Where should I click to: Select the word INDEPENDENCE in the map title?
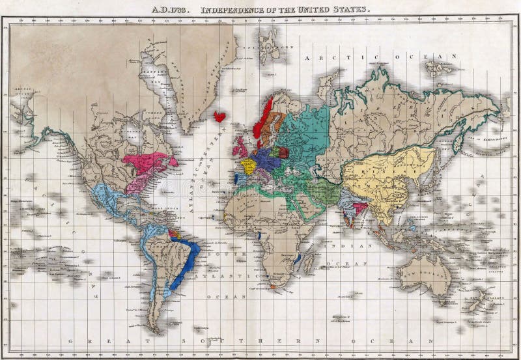pyautogui.click(x=231, y=10)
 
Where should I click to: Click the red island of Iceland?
pyautogui.click(x=220, y=117)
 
